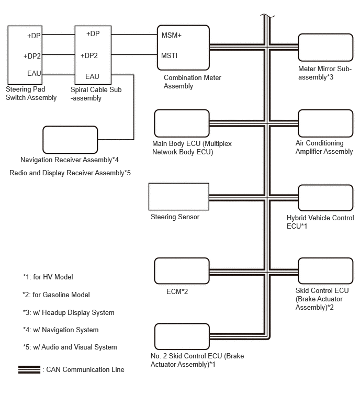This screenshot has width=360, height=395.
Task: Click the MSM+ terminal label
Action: click(171, 35)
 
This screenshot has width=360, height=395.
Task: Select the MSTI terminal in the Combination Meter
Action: click(170, 55)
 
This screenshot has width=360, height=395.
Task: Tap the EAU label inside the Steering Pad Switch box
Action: click(34, 73)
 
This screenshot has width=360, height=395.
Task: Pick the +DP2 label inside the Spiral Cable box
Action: click(89, 55)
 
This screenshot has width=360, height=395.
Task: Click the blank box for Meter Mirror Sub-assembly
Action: click(325, 48)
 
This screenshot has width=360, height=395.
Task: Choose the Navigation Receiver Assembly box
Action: click(70, 140)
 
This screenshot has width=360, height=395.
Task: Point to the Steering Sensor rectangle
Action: click(179, 197)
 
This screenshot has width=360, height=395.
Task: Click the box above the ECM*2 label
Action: click(182, 271)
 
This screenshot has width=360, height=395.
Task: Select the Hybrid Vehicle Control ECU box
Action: click(325, 198)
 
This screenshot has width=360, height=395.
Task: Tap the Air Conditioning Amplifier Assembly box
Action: click(325, 123)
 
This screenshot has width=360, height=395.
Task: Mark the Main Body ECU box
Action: click(182, 123)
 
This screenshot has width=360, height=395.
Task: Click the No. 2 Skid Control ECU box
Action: click(182, 336)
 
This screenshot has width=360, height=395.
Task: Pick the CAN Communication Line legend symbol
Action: click(29, 369)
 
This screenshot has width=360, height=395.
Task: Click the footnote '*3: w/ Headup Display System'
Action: click(69, 313)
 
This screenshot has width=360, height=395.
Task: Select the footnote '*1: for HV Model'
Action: click(48, 277)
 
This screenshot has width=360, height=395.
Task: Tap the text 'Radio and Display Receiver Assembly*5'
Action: click(70, 173)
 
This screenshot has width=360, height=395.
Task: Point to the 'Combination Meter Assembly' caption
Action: click(193, 82)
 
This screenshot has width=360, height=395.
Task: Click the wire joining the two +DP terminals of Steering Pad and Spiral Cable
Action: click(58, 34)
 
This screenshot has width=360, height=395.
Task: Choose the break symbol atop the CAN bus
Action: click(267, 16)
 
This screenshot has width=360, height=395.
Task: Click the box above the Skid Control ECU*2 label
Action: click(325, 271)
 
